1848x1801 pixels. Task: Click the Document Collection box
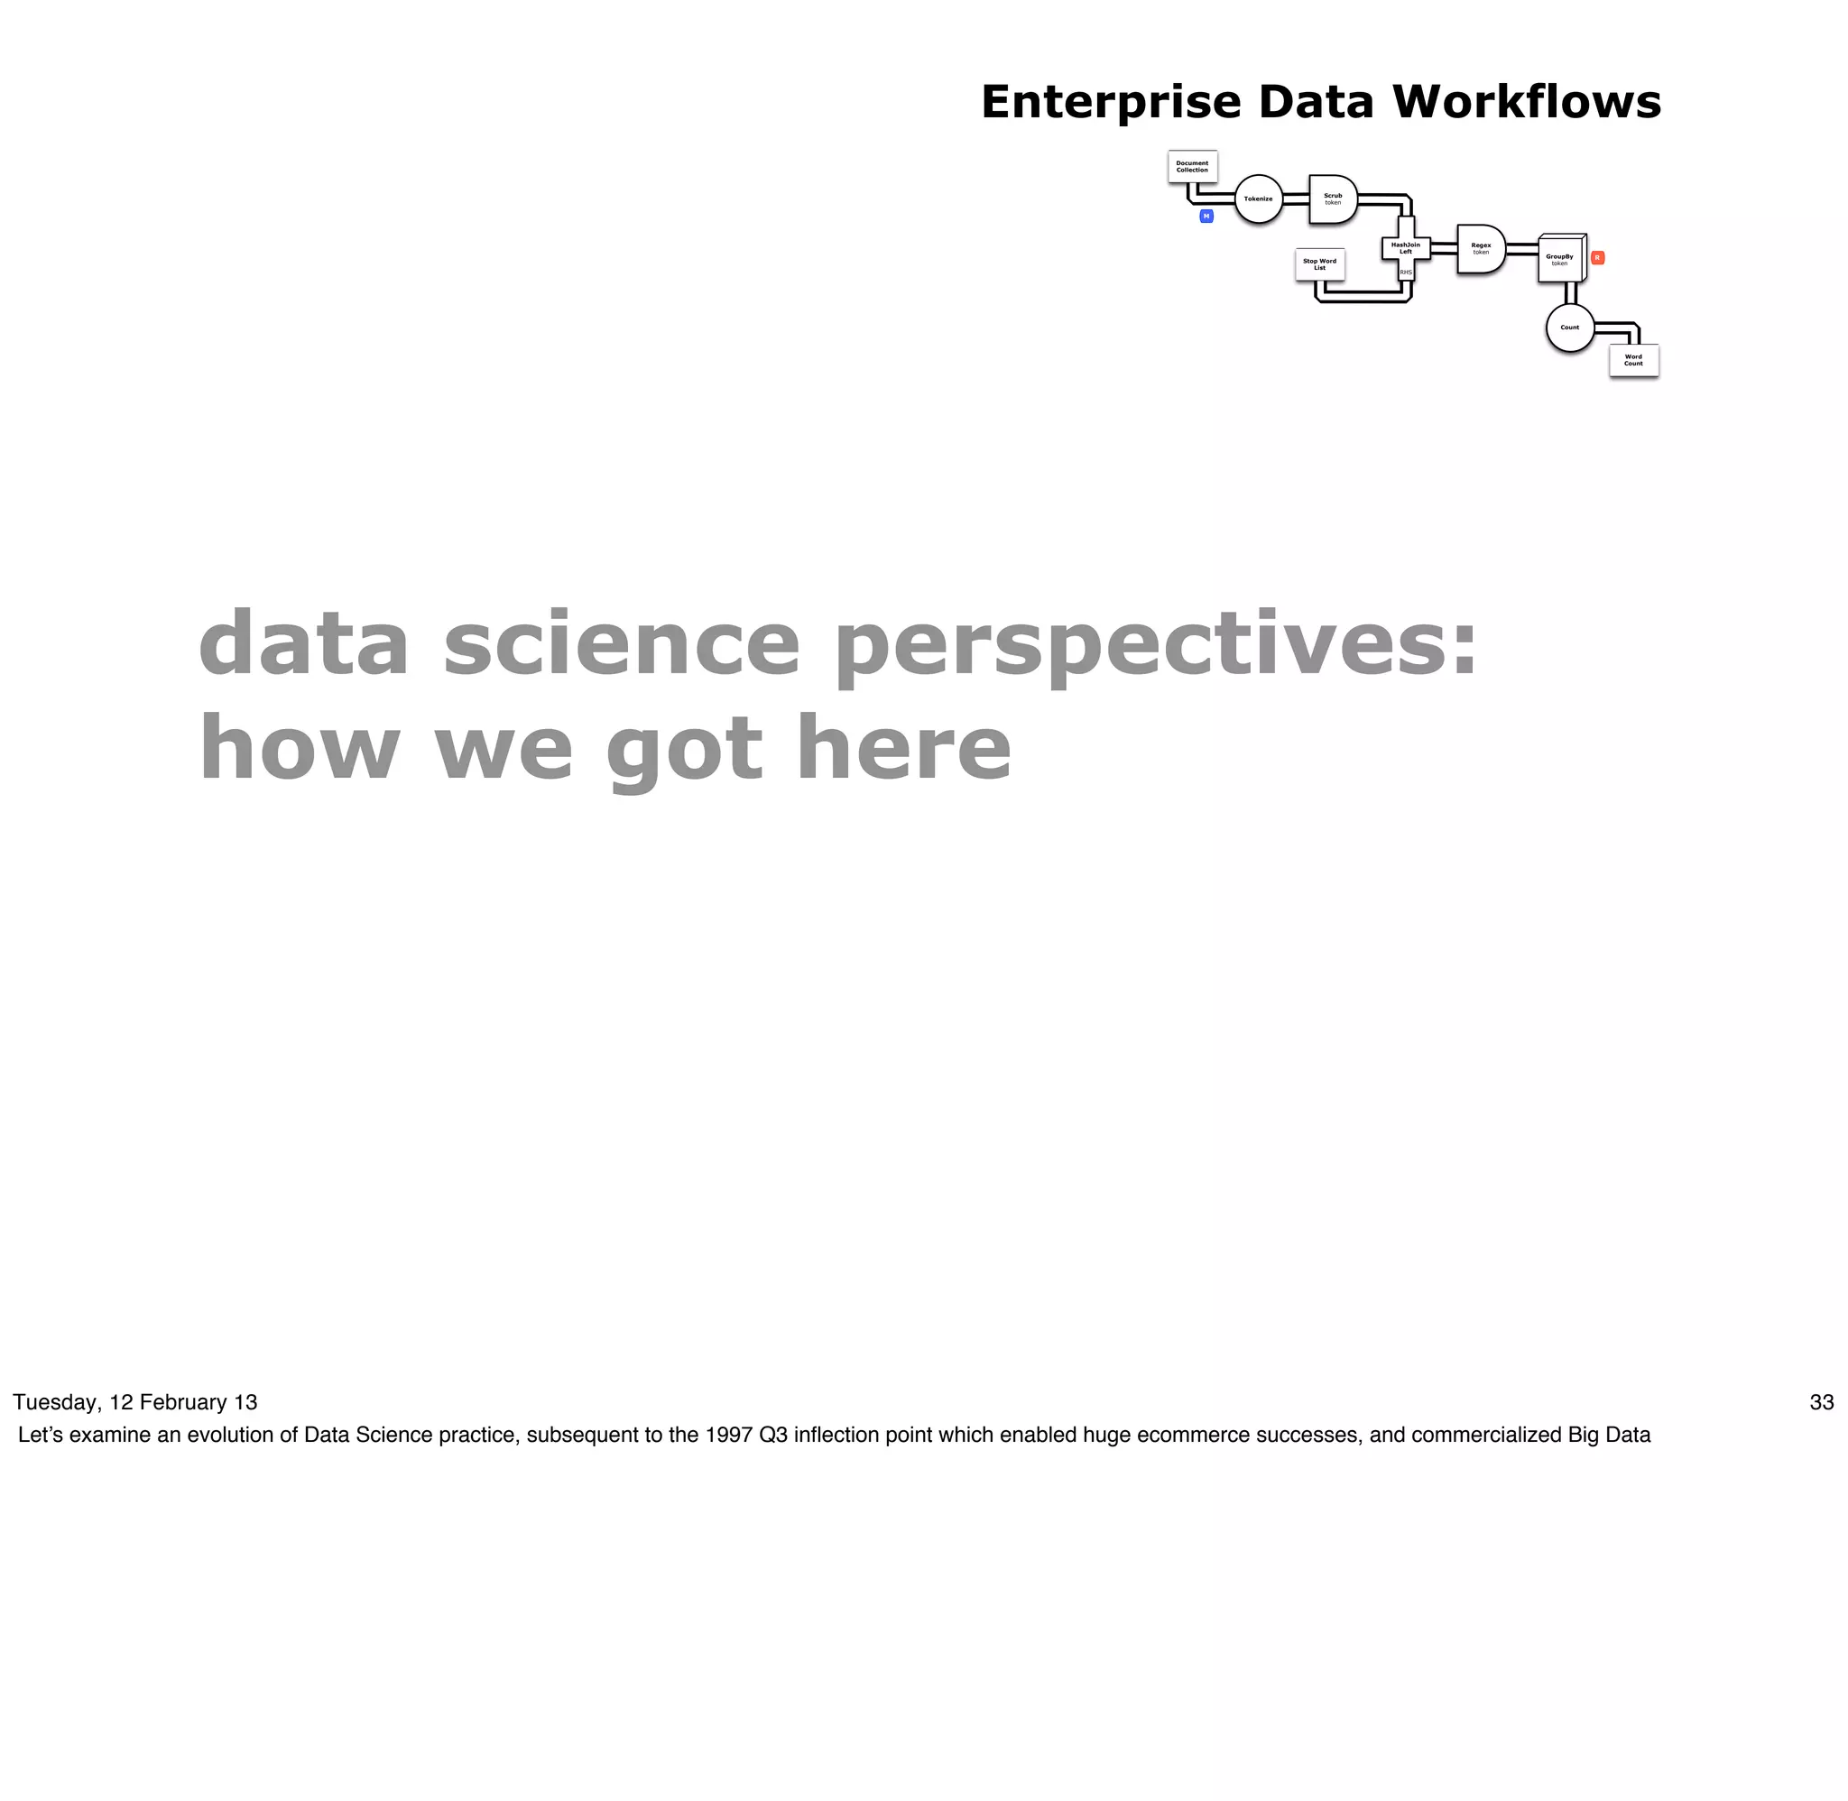tap(1192, 167)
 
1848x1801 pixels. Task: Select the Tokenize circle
tap(1258, 199)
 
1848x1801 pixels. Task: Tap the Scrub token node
tap(1332, 199)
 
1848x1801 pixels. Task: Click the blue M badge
tap(1206, 217)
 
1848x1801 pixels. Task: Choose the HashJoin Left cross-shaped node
tap(1405, 249)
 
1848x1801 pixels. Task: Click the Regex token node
tap(1480, 249)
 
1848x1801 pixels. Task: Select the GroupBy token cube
tap(1559, 258)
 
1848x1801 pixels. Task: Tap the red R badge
tap(1597, 257)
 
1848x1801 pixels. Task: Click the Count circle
tap(1570, 328)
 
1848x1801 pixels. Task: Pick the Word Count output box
tap(1633, 360)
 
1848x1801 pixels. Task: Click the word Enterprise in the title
tap(1110, 102)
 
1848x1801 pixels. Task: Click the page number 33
tap(1822, 1402)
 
